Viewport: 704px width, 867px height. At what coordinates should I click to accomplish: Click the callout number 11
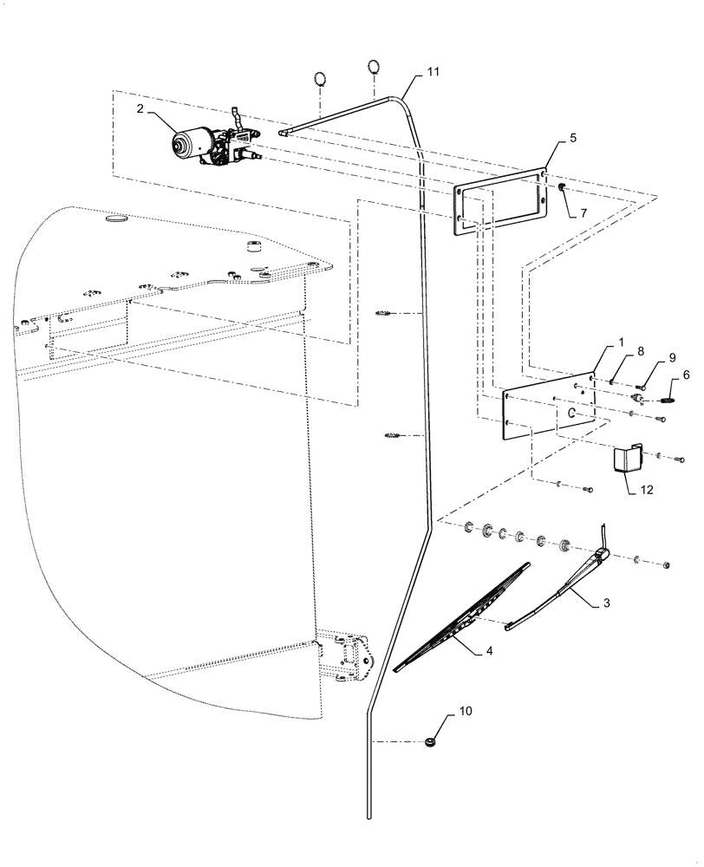pos(433,74)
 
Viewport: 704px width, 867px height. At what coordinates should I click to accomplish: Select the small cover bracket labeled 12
pos(627,458)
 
